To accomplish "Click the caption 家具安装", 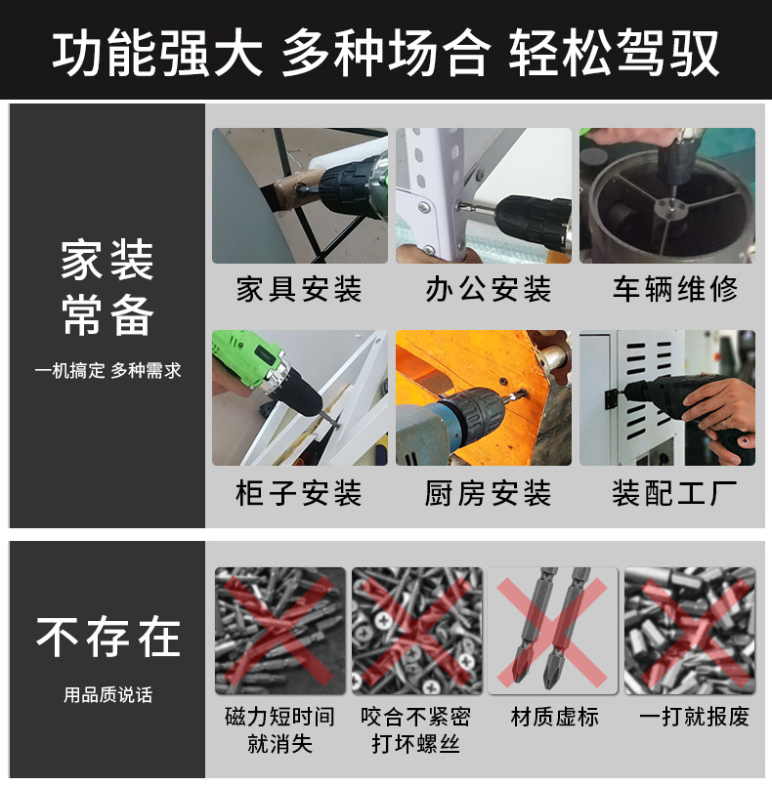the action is point(299,289).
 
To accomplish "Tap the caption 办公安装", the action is point(488,289).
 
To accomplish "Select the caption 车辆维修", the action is point(675,289).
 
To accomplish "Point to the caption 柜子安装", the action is point(299,493).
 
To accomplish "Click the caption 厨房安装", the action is point(488,493).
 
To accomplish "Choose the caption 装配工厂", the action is point(675,493).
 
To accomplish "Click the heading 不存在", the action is point(107,637).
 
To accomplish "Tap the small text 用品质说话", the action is point(107,695).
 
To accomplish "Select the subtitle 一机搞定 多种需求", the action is point(107,371).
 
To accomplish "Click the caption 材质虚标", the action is point(554,717).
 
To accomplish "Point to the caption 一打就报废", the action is point(694,717).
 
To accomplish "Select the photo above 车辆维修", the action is point(667,195).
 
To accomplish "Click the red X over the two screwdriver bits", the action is point(552,633).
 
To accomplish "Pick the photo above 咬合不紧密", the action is point(417,631).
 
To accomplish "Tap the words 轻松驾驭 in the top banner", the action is point(615,52).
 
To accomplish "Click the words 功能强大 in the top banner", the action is point(157,52).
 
